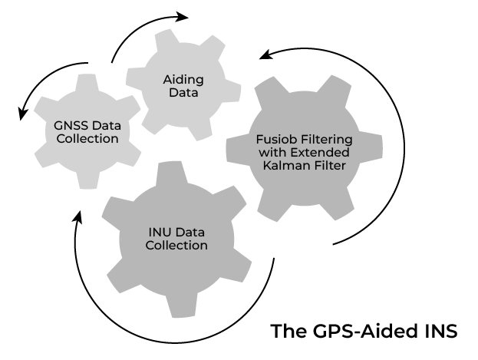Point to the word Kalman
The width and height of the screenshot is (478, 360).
click(x=285, y=164)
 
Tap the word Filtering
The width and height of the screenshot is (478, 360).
click(x=324, y=140)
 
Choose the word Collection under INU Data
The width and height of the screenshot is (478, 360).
click(x=178, y=246)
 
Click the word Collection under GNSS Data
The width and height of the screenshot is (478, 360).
click(x=87, y=139)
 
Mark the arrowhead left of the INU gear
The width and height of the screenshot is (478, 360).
click(x=77, y=219)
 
